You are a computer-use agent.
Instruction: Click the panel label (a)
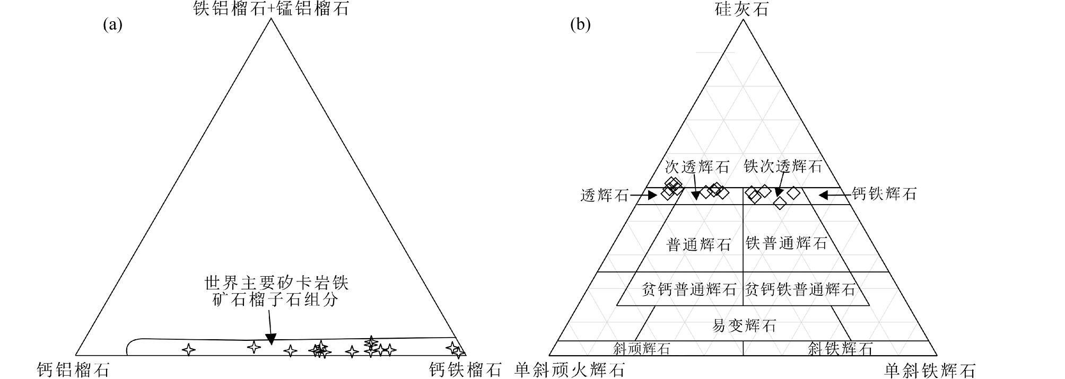(x=112, y=24)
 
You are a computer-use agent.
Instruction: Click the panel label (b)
(x=580, y=24)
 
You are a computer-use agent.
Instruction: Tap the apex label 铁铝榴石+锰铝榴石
(x=270, y=9)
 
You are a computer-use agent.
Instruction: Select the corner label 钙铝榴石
(x=73, y=369)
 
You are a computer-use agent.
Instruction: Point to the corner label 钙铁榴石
(x=465, y=369)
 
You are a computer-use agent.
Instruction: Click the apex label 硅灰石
(x=742, y=9)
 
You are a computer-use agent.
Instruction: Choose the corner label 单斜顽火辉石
(x=569, y=369)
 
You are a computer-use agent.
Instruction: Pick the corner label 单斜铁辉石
(x=929, y=370)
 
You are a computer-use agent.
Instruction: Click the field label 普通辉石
(x=699, y=244)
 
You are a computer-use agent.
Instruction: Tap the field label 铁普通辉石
(x=786, y=243)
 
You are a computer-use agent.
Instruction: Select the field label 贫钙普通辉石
(x=688, y=289)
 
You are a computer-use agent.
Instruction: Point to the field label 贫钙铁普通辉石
(x=800, y=289)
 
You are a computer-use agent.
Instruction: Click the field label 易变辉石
(x=744, y=325)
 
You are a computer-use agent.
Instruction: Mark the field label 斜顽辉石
(x=641, y=348)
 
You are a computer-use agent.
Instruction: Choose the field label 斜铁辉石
(x=840, y=348)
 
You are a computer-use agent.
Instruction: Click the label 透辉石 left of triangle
(x=604, y=196)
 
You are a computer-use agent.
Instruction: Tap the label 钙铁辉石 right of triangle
(x=884, y=194)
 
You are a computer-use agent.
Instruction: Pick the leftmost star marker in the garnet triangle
(x=188, y=349)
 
